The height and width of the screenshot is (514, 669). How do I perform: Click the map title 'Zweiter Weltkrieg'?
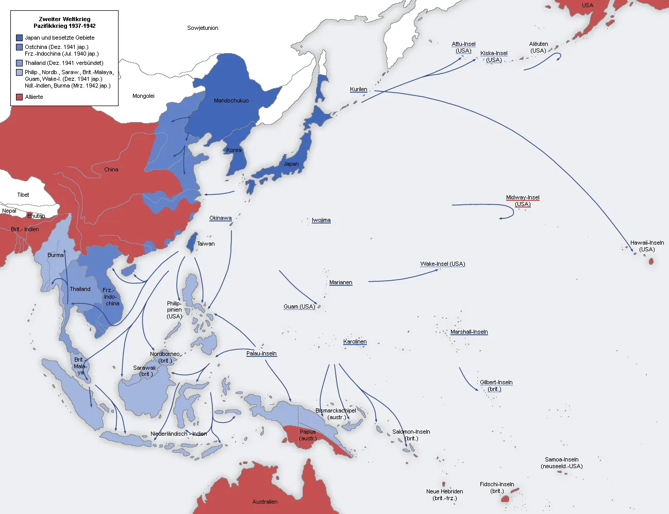click(x=64, y=19)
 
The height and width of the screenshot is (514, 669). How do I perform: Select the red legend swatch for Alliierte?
click(x=19, y=97)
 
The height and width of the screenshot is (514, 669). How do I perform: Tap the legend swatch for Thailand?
click(x=19, y=63)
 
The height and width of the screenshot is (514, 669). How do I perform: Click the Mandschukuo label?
click(x=231, y=100)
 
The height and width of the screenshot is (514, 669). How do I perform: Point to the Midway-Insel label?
click(x=523, y=197)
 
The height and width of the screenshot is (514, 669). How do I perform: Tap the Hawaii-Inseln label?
click(x=647, y=243)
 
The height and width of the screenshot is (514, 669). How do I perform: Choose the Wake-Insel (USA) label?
click(x=442, y=264)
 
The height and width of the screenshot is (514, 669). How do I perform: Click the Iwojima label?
click(x=321, y=220)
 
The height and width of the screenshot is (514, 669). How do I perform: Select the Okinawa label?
click(x=220, y=218)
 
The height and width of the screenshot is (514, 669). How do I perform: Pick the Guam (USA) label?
click(x=299, y=306)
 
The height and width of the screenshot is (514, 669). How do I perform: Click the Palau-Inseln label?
click(x=261, y=353)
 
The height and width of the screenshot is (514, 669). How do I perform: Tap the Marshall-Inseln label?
click(x=469, y=332)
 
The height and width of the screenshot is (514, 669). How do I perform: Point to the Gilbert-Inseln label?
click(x=496, y=382)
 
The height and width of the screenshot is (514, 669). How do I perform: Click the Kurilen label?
click(x=358, y=89)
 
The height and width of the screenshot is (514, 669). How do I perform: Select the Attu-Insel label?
click(x=463, y=44)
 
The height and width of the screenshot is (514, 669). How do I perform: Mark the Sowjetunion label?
click(x=203, y=28)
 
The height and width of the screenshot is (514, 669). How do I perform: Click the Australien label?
click(x=265, y=501)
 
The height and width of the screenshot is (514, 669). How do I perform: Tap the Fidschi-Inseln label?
click(x=497, y=484)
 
